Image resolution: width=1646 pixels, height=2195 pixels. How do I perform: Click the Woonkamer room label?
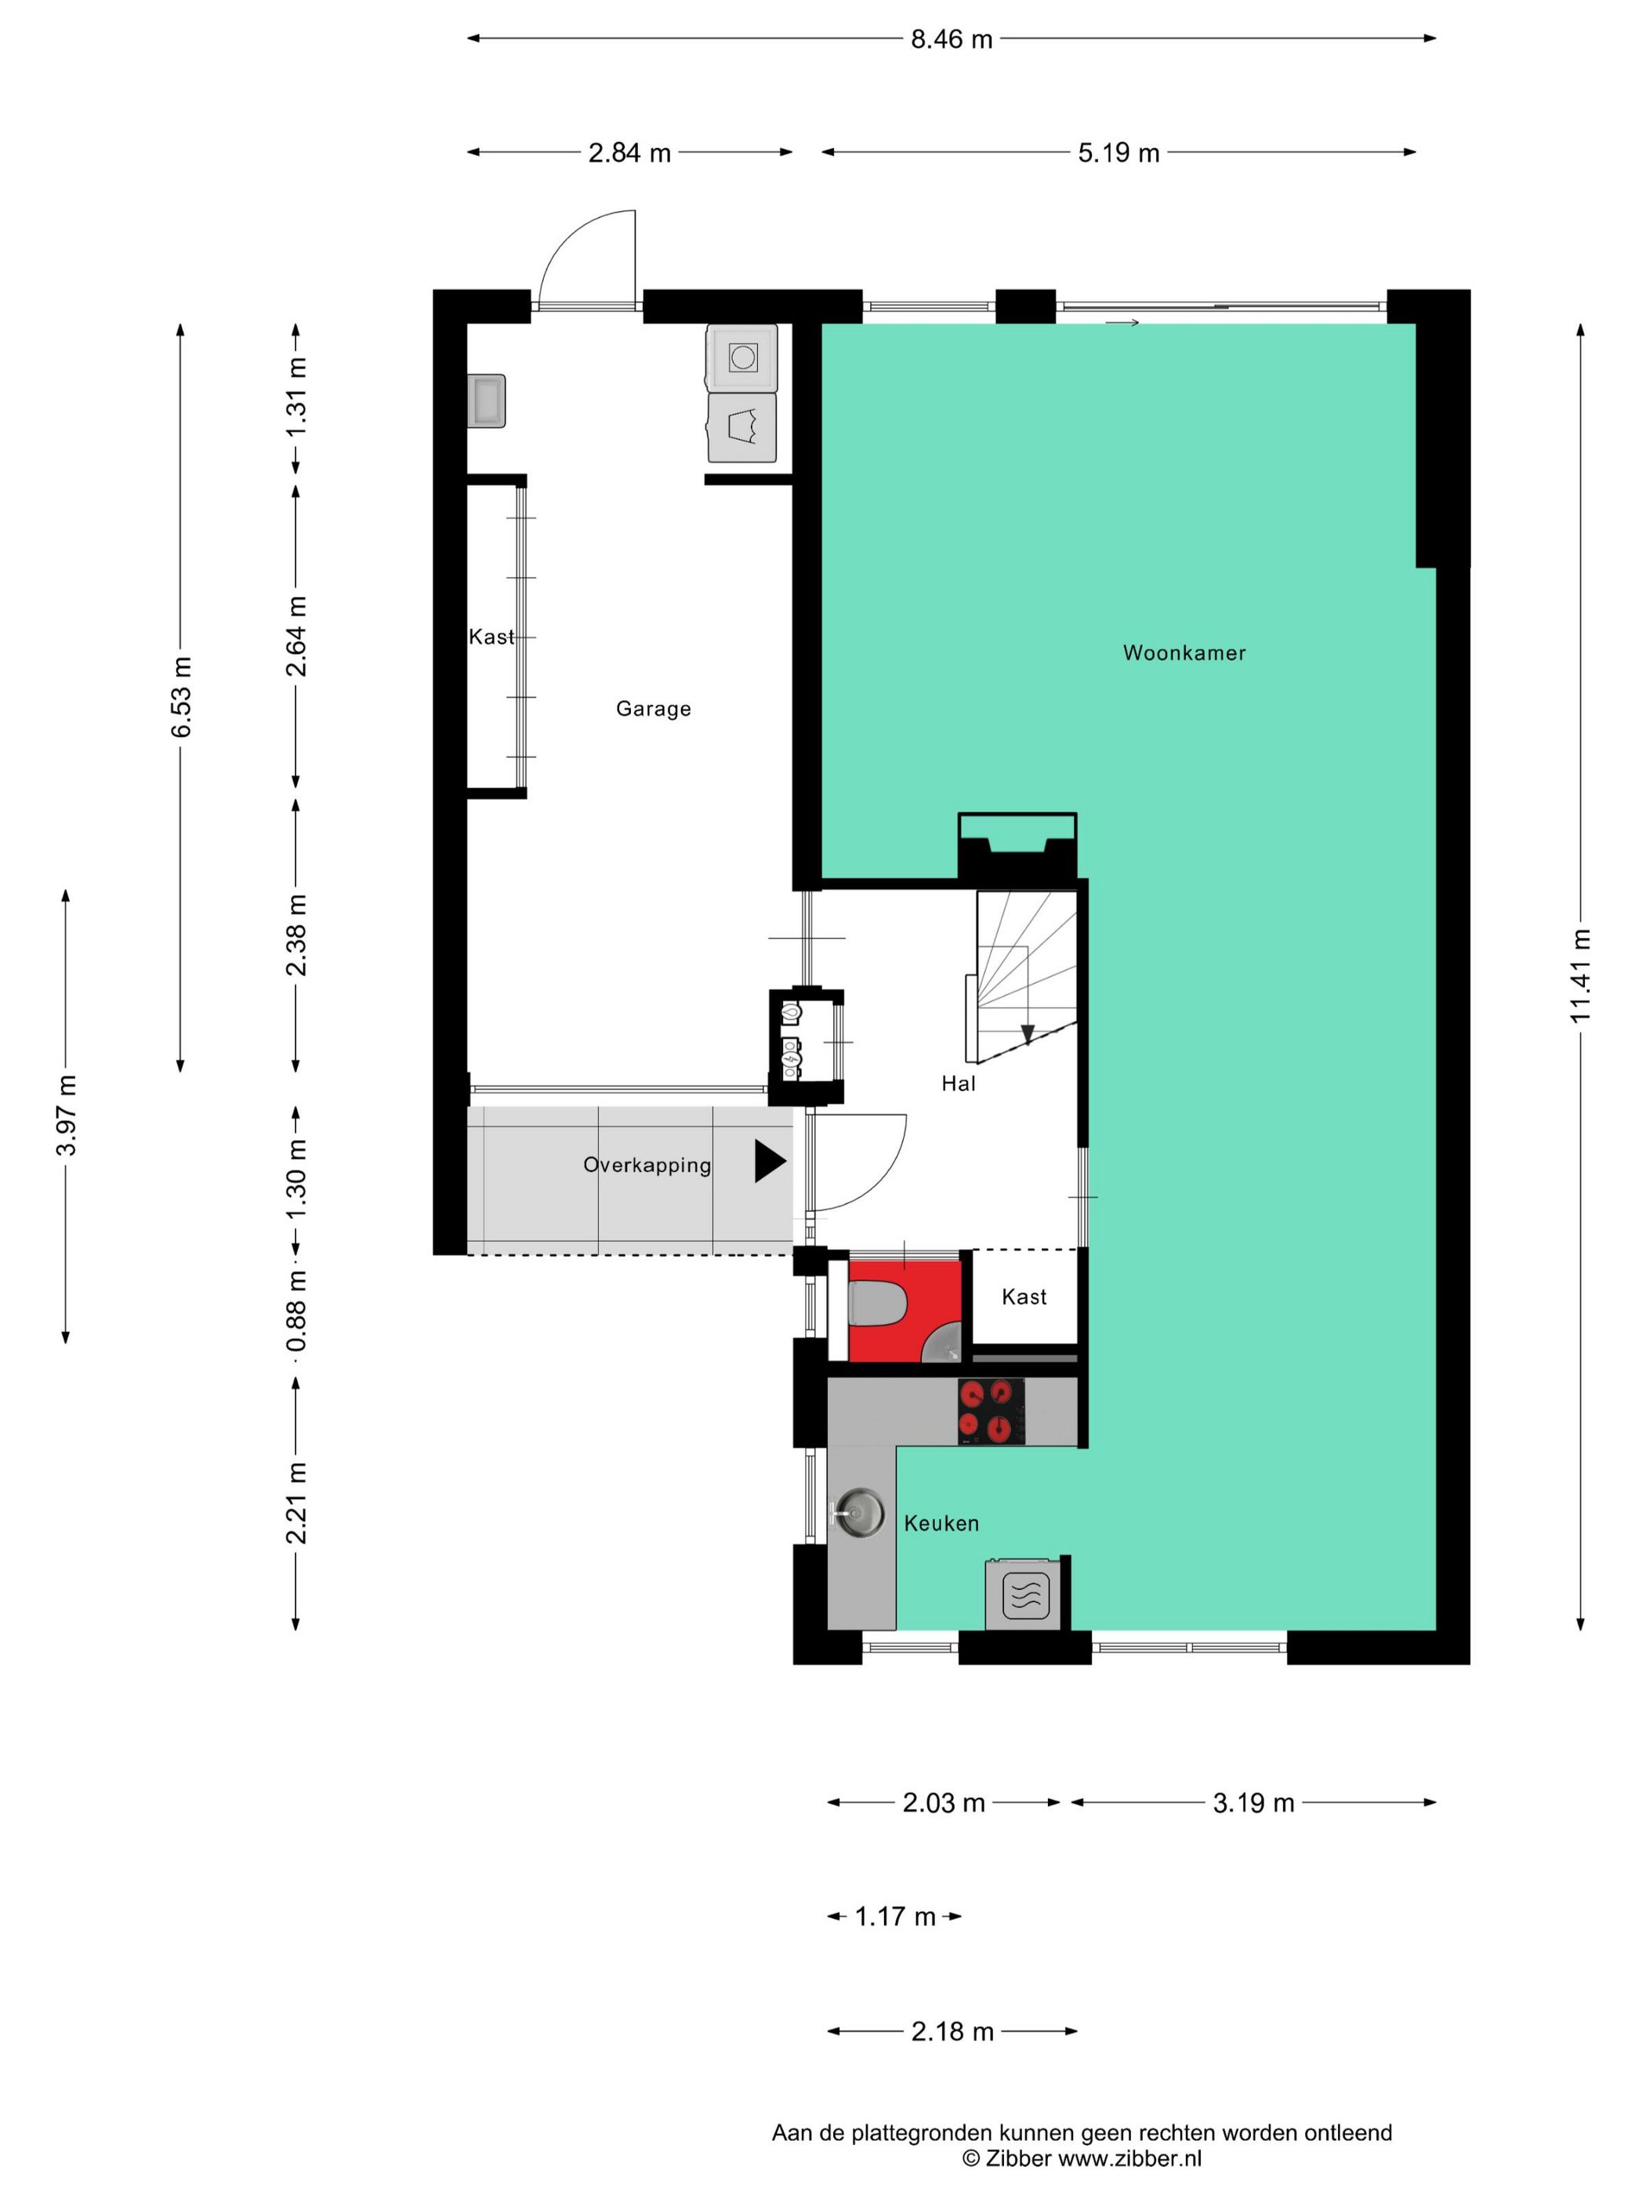pos(1184,653)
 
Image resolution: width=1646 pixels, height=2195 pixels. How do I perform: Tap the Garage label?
pos(653,709)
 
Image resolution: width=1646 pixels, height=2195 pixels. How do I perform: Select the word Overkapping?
pos(647,1165)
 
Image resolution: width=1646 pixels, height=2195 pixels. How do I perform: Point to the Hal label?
pos(959,1083)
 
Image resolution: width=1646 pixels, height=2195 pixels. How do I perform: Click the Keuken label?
pos(941,1523)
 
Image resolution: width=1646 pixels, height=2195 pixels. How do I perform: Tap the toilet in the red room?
pos(877,1304)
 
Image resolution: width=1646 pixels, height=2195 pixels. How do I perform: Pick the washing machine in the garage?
pos(742,357)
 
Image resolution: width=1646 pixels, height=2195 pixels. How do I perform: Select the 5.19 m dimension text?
pos(1119,153)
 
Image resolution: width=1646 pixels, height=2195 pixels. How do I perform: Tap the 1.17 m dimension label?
pos(895,1916)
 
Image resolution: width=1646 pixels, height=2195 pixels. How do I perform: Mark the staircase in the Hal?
pos(1026,974)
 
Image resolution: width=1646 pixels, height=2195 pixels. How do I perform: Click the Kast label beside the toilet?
pos(1024,1297)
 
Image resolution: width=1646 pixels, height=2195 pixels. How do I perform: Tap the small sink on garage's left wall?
pos(488,401)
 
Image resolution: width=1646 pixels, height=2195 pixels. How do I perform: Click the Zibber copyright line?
pos(1082,2158)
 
